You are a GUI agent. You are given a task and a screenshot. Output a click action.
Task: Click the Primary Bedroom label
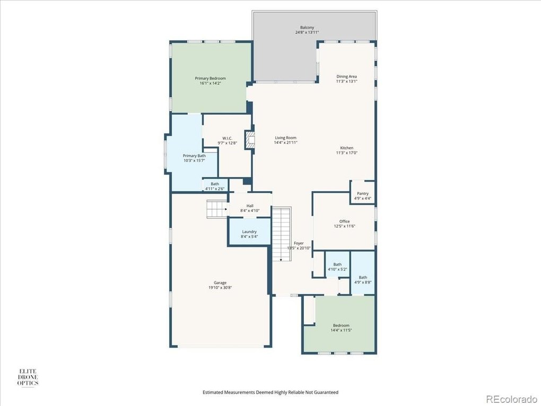click(210, 79)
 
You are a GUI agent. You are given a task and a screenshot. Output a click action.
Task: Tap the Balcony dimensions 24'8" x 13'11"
click(307, 32)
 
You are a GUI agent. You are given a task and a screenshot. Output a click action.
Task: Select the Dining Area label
click(347, 76)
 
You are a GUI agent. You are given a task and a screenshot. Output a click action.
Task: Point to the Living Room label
click(286, 138)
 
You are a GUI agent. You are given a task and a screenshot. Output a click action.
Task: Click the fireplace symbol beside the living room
click(250, 140)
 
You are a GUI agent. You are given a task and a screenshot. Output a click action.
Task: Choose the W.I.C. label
click(228, 138)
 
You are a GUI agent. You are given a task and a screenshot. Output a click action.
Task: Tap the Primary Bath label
click(194, 156)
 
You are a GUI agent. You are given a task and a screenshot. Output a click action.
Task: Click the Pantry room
click(363, 192)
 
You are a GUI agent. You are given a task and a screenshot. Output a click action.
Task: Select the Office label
click(344, 221)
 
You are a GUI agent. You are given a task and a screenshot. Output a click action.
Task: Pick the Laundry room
click(249, 231)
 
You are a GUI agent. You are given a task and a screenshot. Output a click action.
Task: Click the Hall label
click(250, 206)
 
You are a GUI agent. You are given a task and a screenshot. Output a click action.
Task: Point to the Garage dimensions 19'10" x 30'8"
click(220, 287)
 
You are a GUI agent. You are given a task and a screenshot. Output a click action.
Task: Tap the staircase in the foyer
click(282, 234)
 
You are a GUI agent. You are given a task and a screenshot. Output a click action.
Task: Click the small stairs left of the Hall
click(217, 209)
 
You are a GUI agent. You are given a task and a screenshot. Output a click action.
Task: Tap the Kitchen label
click(347, 148)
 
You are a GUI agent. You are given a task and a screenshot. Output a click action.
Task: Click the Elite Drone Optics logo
click(28, 377)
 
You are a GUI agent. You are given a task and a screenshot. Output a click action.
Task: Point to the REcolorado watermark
click(511, 399)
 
